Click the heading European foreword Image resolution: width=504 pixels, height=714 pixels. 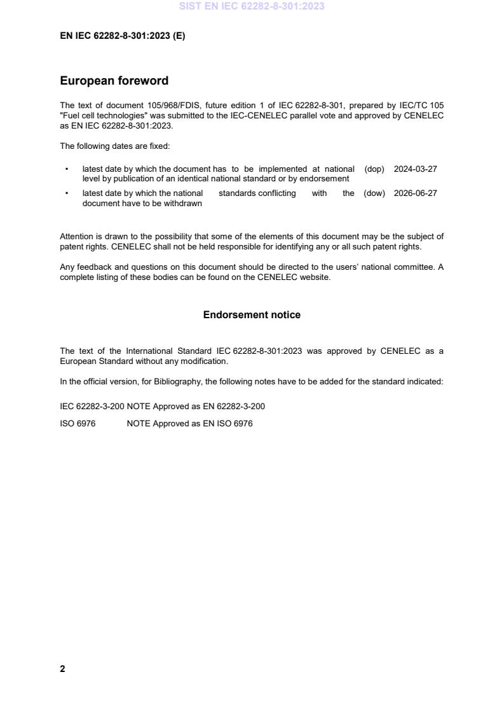coord(114,81)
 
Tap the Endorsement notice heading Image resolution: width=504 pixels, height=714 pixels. coord(252,315)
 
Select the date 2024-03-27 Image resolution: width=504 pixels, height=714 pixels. coord(415,169)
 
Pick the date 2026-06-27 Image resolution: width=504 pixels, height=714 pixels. coord(415,193)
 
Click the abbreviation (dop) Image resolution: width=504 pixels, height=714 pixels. coord(374,169)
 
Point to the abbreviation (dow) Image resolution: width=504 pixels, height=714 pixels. coord(374,193)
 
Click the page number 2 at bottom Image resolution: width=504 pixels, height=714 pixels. coord(62,669)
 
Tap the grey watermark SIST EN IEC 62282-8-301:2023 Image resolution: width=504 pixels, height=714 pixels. coord(252,6)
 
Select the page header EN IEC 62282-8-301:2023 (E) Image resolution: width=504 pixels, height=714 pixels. coord(122,36)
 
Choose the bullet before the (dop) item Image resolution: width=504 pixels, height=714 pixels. coord(67,169)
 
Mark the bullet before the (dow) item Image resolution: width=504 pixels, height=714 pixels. coord(67,193)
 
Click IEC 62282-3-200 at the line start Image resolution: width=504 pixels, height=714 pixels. coord(92,406)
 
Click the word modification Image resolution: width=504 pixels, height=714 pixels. coord(205,361)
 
